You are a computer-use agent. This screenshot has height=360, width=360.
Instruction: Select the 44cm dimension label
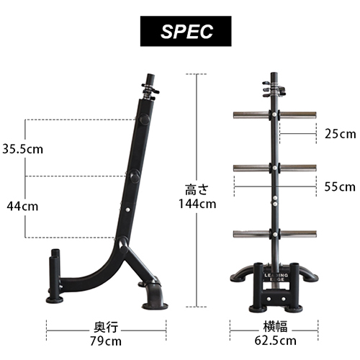[22, 206]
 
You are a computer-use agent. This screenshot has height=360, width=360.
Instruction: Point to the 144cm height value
[197, 204]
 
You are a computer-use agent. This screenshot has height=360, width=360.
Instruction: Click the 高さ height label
[197, 189]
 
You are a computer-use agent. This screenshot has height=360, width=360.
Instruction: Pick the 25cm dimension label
[340, 134]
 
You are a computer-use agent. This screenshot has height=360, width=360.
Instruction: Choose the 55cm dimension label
[340, 186]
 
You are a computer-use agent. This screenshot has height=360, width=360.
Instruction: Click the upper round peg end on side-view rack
[144, 120]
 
